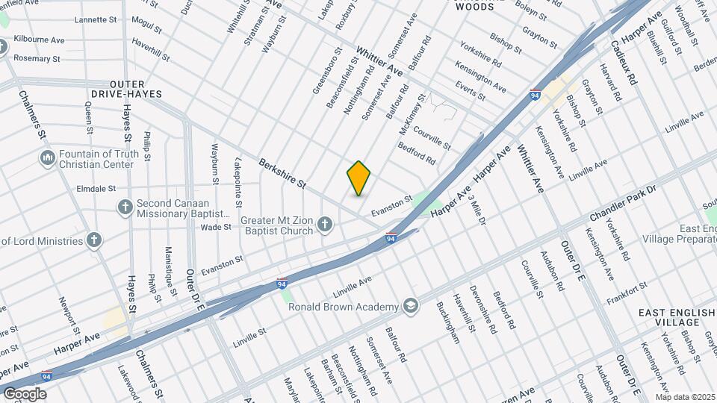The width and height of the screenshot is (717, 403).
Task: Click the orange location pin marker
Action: coord(358,178)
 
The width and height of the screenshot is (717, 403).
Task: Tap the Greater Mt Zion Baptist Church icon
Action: coord(324,223)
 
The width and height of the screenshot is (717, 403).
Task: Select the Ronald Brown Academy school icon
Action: coord(410,305)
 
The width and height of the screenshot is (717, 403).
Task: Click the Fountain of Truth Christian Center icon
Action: coord(47,158)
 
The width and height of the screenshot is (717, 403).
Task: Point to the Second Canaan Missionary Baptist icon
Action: coord(125,206)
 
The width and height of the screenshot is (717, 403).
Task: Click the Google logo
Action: coord(25,393)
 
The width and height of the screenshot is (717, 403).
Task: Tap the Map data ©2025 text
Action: coord(686,396)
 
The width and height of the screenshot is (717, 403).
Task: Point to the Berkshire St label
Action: coord(283,173)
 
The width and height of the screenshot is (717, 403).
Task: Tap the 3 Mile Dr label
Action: coord(475,212)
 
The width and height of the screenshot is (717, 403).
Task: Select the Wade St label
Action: coord(216,226)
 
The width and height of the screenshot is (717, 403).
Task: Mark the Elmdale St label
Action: coord(96,189)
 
